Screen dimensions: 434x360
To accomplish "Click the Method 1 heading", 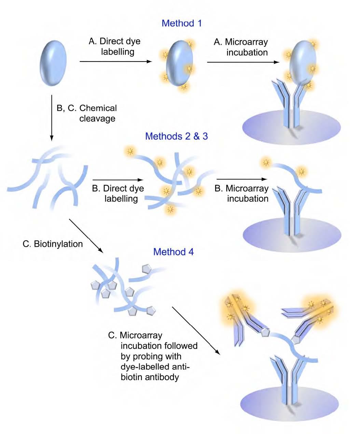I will click(181, 24).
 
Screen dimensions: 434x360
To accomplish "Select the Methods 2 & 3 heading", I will click(176, 136).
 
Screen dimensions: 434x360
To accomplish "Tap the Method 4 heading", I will click(173, 252).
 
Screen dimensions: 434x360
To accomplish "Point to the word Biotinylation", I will click(58, 244).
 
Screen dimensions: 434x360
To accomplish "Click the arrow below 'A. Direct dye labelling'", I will click(115, 62).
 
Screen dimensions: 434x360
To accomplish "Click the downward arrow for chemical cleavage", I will click(51, 118).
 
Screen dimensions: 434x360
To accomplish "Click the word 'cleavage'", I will click(97, 119).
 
